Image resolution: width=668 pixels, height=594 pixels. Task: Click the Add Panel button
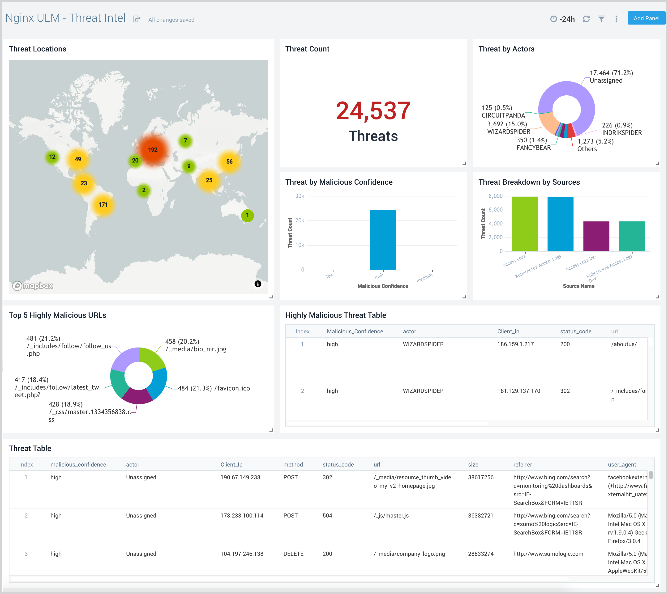pyautogui.click(x=646, y=18)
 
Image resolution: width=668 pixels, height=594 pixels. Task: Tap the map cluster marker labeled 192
pyautogui.click(x=153, y=150)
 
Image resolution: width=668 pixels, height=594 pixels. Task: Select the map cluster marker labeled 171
pyautogui.click(x=103, y=204)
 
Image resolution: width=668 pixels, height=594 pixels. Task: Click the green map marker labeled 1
pyautogui.click(x=247, y=215)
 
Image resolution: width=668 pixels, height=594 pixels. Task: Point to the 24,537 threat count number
pyautogui.click(x=373, y=111)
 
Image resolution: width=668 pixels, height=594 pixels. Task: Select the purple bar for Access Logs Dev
pyautogui.click(x=596, y=236)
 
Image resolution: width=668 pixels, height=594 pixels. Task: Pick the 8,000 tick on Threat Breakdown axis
pyautogui.click(x=495, y=196)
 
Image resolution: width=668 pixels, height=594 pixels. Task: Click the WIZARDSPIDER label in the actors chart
pyautogui.click(x=509, y=132)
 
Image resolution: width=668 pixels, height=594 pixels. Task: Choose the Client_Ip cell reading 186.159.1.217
pyautogui.click(x=515, y=344)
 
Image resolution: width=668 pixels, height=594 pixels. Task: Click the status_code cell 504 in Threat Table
pyautogui.click(x=327, y=516)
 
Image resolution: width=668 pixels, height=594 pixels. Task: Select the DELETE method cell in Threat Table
pyautogui.click(x=293, y=554)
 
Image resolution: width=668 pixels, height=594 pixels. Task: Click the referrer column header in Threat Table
pyautogui.click(x=522, y=465)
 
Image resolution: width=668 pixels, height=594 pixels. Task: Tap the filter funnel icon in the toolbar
pyautogui.click(x=601, y=19)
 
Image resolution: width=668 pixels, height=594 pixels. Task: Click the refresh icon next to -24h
pyautogui.click(x=586, y=19)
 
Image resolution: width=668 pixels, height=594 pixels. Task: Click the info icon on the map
pyautogui.click(x=258, y=284)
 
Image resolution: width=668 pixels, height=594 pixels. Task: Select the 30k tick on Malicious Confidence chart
pyautogui.click(x=300, y=196)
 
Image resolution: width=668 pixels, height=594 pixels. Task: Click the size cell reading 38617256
pyautogui.click(x=480, y=477)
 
